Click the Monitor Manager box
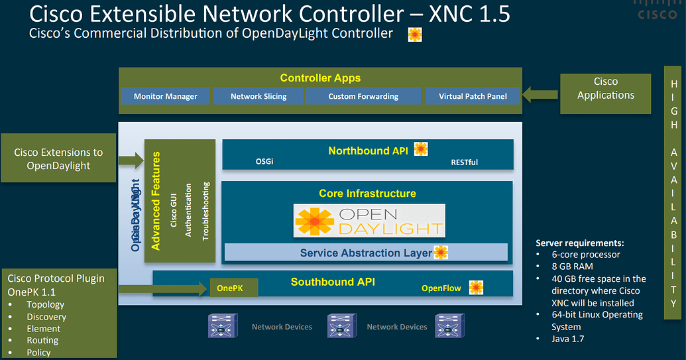point(165,96)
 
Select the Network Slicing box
point(258,96)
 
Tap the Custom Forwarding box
point(363,96)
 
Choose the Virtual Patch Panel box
point(473,96)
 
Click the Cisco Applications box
point(605,89)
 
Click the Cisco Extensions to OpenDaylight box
point(58,159)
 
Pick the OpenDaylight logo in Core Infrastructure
point(369,221)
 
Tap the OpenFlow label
point(441,288)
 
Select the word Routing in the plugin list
point(42,340)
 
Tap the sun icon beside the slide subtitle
point(416,34)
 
